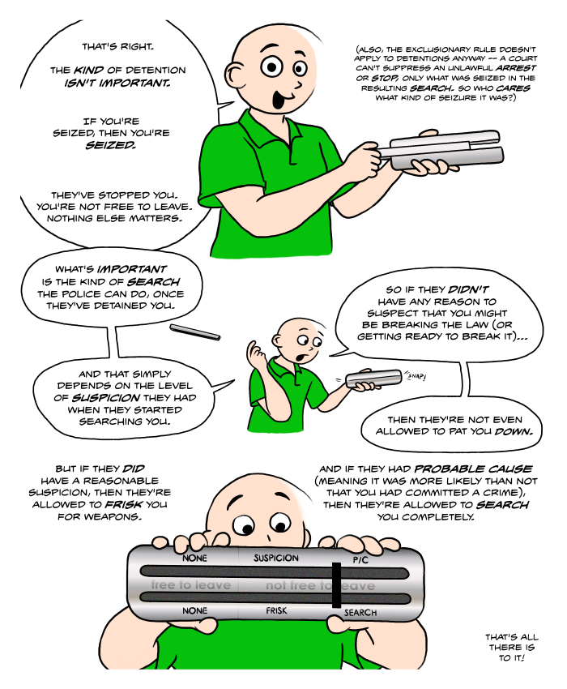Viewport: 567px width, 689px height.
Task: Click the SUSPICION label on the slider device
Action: pos(276,558)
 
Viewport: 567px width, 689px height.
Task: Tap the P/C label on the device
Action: pos(360,560)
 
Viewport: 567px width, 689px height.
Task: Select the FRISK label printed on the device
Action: pos(276,610)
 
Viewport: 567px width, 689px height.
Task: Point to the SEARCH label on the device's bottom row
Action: pos(360,613)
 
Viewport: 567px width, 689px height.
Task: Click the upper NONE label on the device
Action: pos(194,558)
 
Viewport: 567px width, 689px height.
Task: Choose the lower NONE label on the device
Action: pos(194,610)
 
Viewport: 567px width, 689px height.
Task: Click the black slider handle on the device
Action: pos(336,585)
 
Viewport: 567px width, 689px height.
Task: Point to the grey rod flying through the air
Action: pos(195,332)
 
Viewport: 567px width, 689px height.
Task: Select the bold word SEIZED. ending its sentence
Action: pos(110,145)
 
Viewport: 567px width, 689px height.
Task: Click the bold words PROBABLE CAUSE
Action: pos(473,469)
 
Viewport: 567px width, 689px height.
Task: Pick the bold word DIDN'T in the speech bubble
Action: pos(467,289)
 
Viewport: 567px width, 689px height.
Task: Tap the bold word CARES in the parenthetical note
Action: pos(513,88)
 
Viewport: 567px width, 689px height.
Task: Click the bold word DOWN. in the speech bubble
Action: pos(514,431)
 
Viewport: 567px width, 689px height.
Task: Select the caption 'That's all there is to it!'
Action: pos(511,648)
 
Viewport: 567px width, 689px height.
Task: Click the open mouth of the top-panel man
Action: pos(279,101)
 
